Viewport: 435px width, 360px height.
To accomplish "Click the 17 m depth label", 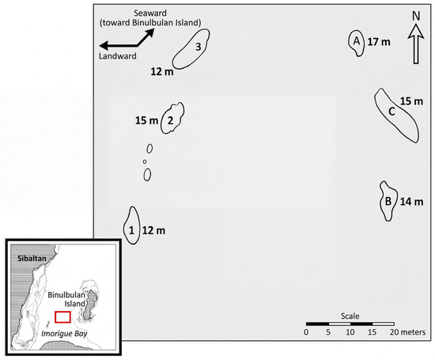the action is click(x=379, y=42).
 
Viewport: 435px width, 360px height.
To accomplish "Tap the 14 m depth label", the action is click(x=412, y=202).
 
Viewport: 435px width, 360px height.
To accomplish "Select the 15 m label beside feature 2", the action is click(x=147, y=120).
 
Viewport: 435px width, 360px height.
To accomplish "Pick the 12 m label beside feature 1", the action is click(x=153, y=230).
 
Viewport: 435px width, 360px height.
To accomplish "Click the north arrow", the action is click(x=416, y=44).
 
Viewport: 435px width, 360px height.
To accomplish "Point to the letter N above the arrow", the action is click(x=416, y=16).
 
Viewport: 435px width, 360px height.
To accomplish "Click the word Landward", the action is click(x=118, y=56).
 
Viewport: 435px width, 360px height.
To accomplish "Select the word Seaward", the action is click(x=150, y=13).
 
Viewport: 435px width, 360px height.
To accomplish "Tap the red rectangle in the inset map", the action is click(x=62, y=317).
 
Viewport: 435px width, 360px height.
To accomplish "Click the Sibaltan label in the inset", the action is click(x=32, y=259).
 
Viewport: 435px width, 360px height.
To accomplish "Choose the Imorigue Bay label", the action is click(x=64, y=334).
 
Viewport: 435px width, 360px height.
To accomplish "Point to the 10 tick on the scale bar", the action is click(x=350, y=332).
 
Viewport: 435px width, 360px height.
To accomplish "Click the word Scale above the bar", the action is click(x=350, y=316).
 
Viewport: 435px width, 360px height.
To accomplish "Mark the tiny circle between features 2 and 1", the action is click(x=145, y=161).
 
